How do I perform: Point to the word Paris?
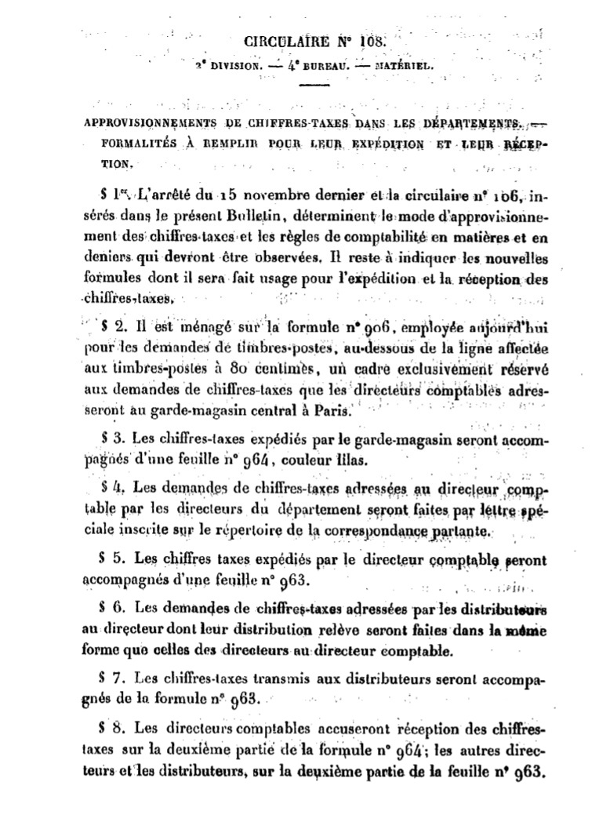tap(333, 409)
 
